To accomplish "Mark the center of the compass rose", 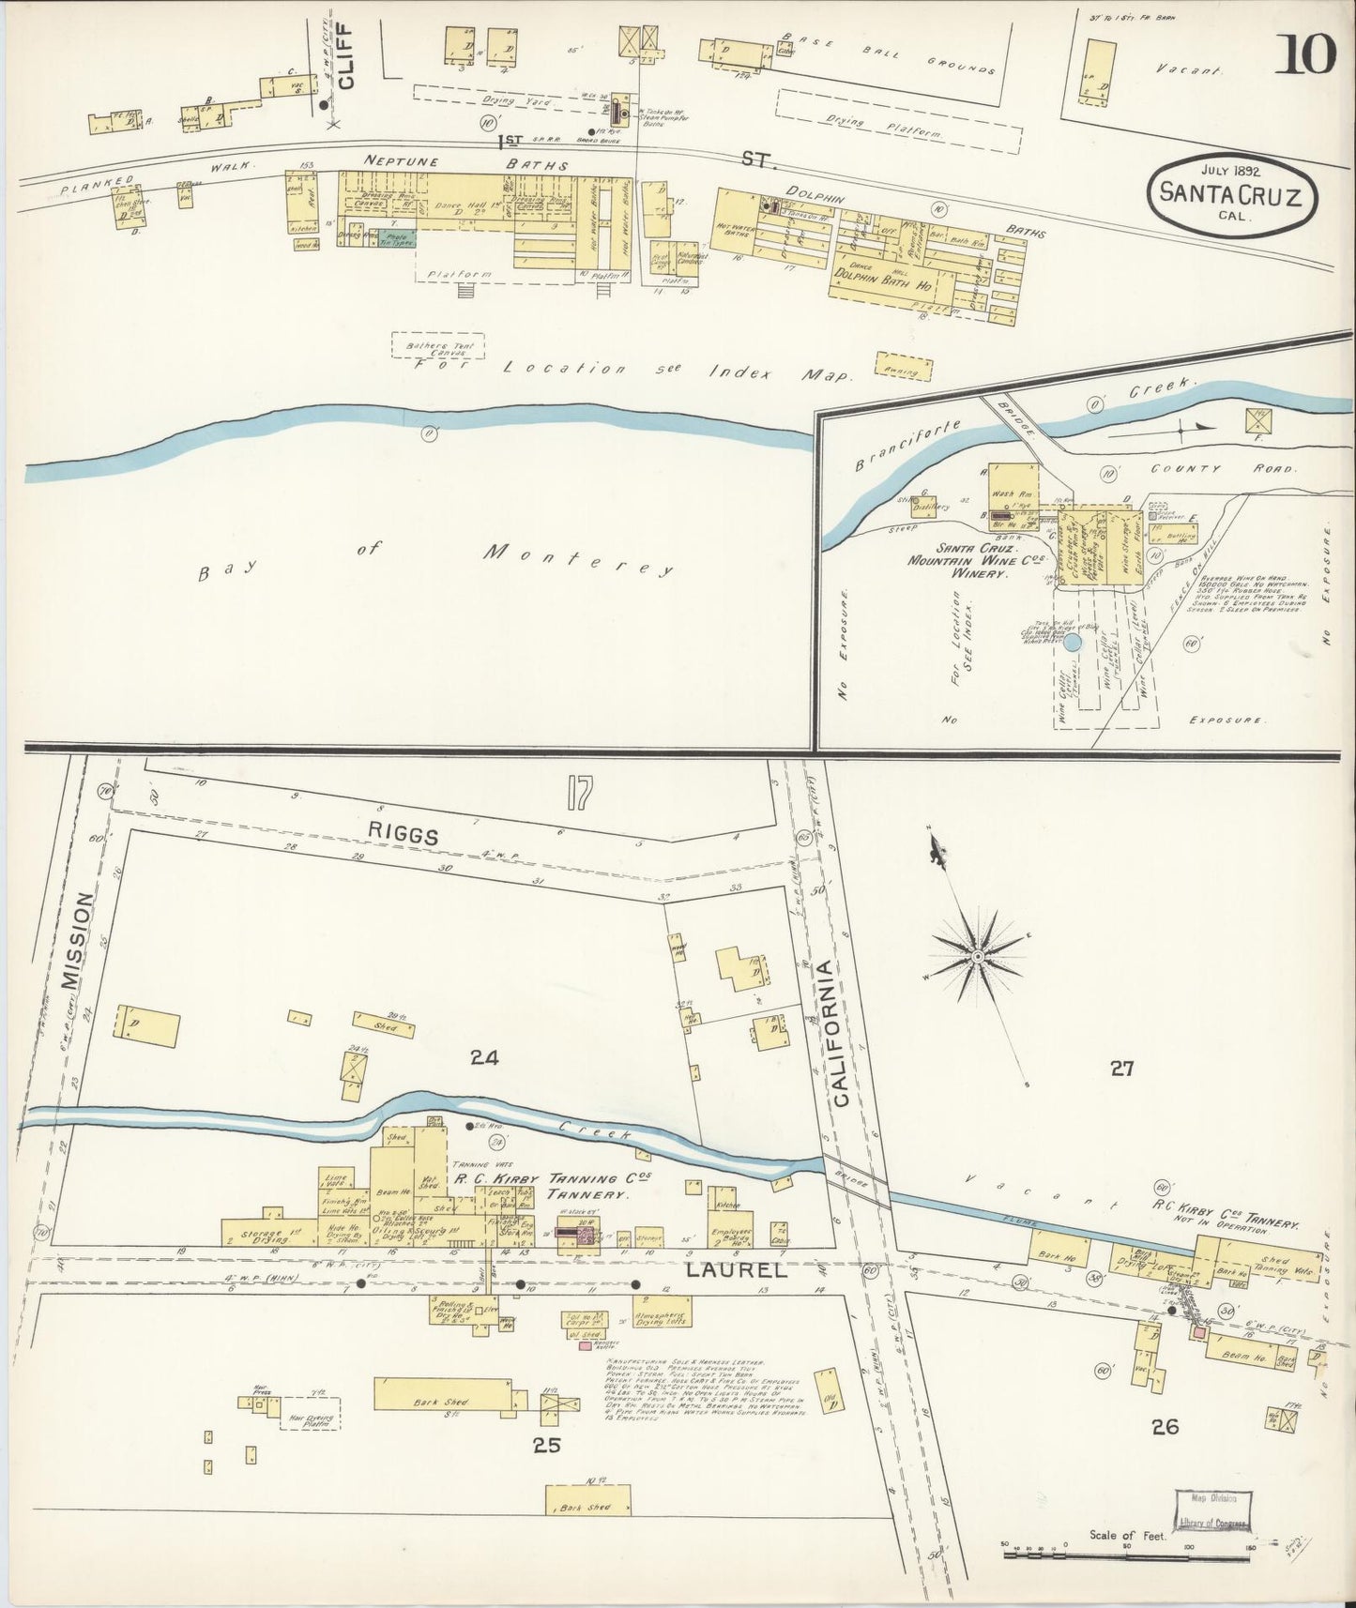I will pos(978,956).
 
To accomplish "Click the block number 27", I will pos(1122,1067).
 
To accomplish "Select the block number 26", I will pos(1165,1427).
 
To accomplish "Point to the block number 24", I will pos(484,1058).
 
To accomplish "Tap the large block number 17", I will pos(579,795).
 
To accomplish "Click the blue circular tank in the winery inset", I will pos(1073,643).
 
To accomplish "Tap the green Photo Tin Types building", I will pos(396,239).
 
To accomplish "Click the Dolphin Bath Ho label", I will pos(883,281).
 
